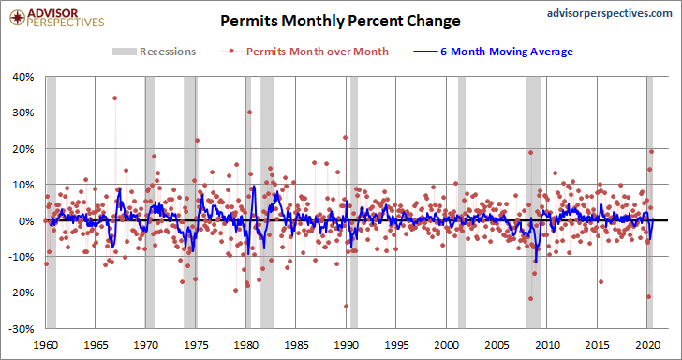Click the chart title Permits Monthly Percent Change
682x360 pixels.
340,21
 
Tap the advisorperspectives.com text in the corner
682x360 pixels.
609,13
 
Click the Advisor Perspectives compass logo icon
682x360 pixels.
18,18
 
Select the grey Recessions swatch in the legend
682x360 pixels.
124,52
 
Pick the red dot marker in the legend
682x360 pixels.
231,52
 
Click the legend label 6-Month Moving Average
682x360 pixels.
507,52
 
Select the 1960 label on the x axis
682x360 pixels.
46,345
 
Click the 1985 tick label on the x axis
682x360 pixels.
296,345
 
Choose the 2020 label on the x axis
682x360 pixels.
646,345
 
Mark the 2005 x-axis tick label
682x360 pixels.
497,345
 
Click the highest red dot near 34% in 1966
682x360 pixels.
115,97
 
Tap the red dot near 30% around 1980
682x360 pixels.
249,112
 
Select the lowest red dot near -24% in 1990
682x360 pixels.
347,306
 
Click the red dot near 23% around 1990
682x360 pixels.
346,137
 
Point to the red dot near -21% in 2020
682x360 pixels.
649,296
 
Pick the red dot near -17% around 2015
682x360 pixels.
601,281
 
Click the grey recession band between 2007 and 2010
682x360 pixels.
534,202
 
